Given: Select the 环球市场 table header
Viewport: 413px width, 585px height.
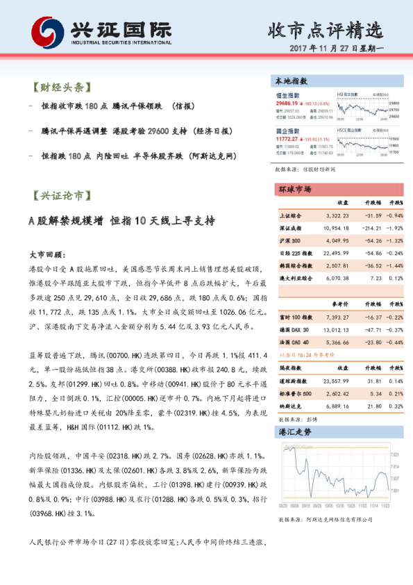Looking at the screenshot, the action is (296, 189).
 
